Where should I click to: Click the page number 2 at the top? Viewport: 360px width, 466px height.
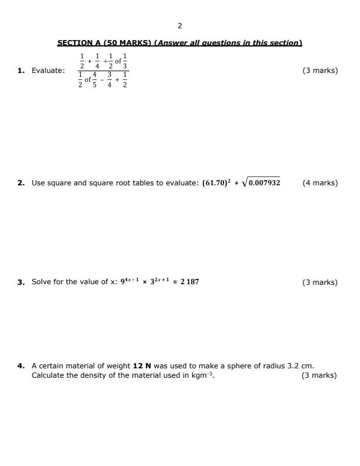point(179,25)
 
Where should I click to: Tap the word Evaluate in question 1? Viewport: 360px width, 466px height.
point(48,71)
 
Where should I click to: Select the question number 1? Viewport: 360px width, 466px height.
point(21,71)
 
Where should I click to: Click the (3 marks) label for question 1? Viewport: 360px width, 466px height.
point(320,71)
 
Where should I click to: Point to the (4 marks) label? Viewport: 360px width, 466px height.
point(320,183)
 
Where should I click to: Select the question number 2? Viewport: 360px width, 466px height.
point(21,183)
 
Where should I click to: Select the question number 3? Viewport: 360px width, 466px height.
point(21,282)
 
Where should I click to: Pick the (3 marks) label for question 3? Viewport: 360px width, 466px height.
point(320,282)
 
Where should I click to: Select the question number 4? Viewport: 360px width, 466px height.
point(21,366)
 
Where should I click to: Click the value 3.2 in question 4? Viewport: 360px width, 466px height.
point(294,366)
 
